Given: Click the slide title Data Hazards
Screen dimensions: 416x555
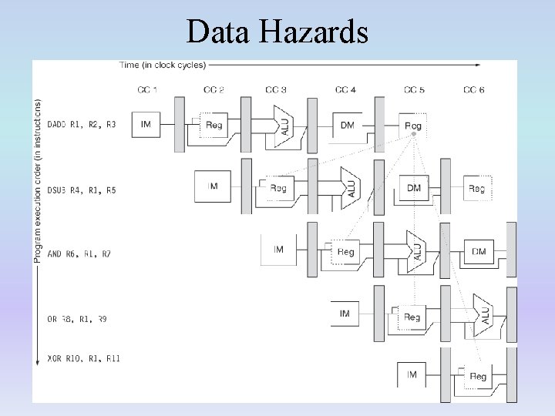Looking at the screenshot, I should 277,32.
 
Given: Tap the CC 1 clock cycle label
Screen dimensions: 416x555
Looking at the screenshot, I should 147,90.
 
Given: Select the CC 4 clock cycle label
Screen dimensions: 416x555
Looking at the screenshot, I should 345,90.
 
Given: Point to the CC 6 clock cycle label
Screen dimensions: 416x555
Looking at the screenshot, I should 475,90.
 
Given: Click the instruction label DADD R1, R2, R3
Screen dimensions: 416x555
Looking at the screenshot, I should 82,124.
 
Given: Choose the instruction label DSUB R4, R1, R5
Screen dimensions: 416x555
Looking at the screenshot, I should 82,190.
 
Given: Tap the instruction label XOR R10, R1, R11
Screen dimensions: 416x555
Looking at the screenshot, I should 83,358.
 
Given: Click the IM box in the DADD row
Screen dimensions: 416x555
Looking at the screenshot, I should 146,123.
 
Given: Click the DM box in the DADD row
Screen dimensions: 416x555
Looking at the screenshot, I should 347,124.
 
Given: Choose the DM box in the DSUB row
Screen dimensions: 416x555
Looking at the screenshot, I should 413,188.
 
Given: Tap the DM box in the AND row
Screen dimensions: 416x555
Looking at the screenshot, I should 479,251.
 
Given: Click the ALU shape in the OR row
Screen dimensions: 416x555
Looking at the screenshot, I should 483,314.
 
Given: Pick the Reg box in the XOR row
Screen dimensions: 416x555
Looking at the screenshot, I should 478,377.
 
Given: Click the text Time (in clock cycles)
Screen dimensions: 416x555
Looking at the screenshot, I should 163,65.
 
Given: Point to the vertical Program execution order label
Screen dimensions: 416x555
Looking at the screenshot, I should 38,181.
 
